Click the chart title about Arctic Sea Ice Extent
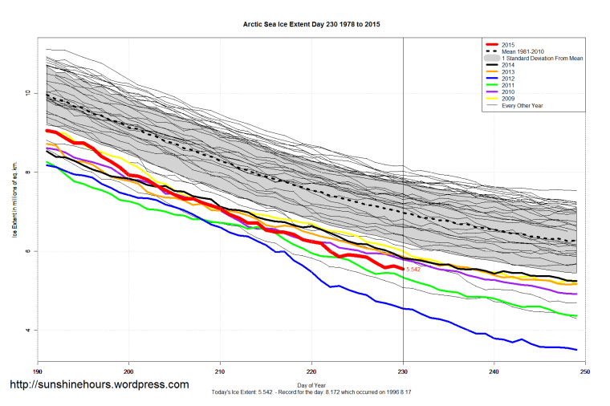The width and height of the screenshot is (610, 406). coord(311,25)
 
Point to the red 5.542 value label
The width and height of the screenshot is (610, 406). coord(413,270)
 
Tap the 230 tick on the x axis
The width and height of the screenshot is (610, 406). coord(402,371)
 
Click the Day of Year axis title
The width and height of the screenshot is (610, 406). coord(311,385)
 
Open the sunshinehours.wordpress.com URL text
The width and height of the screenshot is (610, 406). coord(99,385)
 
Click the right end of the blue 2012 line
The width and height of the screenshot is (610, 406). coord(575,349)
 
